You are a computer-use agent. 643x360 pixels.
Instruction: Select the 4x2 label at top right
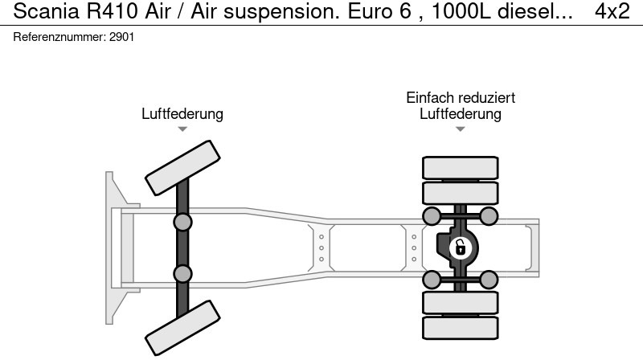612,12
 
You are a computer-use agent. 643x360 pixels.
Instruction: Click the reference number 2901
122,38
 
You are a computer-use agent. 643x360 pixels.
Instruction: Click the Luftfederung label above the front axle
182,114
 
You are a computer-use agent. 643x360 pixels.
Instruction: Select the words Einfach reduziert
461,98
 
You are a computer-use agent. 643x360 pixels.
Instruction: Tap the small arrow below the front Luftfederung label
182,129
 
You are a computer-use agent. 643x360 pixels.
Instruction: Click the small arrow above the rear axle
461,129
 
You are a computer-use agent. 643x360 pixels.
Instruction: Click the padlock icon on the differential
461,247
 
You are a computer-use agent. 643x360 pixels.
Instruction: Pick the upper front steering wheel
182,166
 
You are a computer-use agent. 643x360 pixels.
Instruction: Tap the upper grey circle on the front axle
183,222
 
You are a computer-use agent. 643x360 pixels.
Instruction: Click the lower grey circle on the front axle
183,274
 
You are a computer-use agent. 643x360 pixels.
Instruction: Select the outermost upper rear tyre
461,167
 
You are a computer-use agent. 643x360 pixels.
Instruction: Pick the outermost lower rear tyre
461,327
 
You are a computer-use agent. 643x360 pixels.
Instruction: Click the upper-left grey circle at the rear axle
432,215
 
